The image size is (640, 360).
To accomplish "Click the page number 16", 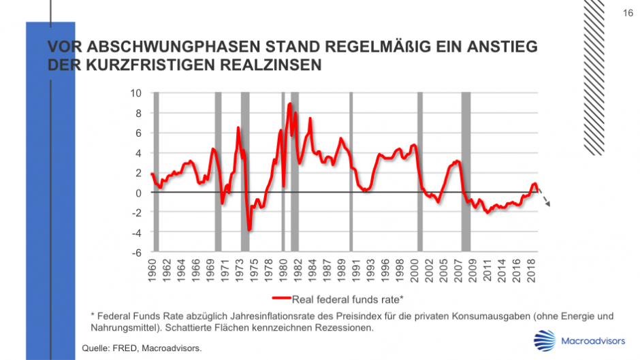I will (x=628, y=13).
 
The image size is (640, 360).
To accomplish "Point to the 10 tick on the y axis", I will (x=136, y=93).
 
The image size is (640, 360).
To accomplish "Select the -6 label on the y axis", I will (x=136, y=252).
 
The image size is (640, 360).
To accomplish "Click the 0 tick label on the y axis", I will (x=138, y=193).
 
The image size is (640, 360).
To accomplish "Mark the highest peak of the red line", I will (x=290, y=104).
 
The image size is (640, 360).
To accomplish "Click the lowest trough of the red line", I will (x=249, y=229).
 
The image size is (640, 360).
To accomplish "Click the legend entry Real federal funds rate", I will (x=348, y=298).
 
